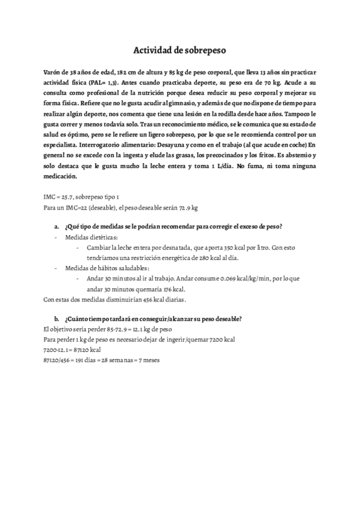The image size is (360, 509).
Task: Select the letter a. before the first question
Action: [56, 226]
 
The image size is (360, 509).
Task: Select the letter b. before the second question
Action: [56, 319]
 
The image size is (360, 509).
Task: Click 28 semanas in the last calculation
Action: [120, 360]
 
